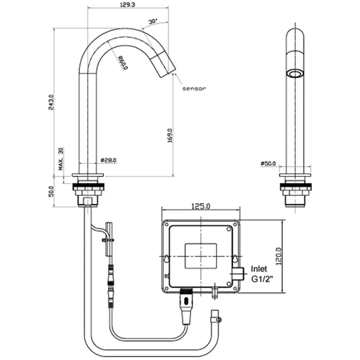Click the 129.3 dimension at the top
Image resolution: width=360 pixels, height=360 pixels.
click(127, 4)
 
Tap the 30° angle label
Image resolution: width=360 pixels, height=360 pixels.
click(153, 21)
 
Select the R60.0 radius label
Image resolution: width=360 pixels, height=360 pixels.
click(123, 62)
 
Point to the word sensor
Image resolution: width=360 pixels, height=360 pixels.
click(194, 89)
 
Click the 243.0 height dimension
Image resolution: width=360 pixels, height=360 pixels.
click(51, 102)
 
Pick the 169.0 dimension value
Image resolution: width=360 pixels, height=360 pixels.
click(170, 135)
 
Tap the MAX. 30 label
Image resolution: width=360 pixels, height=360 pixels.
click(61, 159)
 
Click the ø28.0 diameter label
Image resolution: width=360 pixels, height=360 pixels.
click(109, 160)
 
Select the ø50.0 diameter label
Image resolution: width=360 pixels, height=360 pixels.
click(268, 163)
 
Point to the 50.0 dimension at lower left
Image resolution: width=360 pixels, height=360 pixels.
click(51, 191)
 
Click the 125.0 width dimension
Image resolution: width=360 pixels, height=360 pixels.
click(201, 206)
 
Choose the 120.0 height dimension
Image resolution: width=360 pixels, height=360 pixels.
click(279, 256)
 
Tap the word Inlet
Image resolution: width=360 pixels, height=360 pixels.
click(259, 269)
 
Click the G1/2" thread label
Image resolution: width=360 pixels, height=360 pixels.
click(262, 279)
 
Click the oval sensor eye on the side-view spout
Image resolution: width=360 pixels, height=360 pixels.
click(295, 74)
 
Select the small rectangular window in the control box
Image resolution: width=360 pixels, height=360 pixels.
click(201, 256)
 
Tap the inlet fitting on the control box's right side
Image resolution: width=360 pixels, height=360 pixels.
click(238, 274)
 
